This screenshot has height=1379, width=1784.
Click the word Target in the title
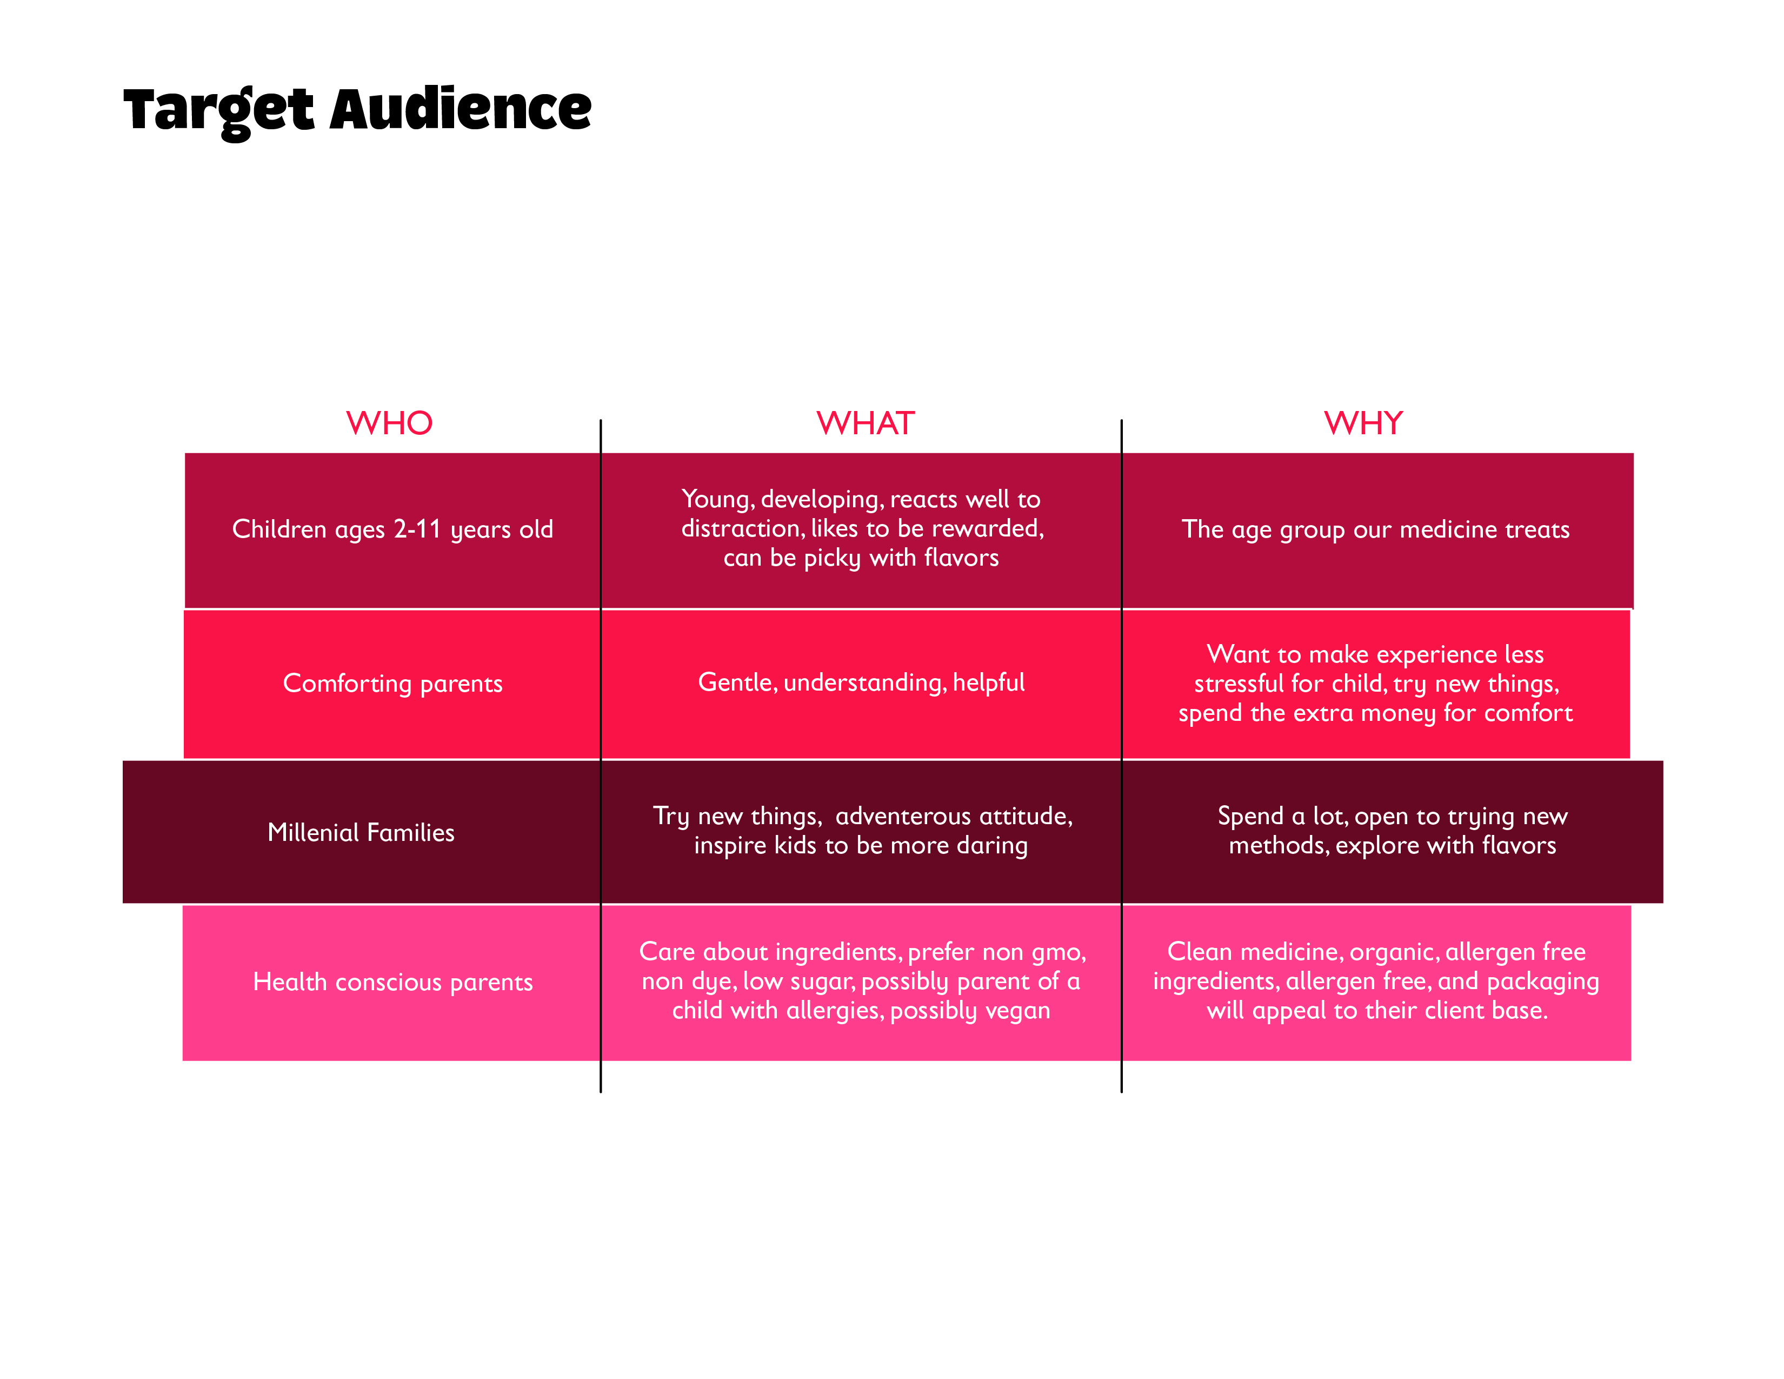click(218, 111)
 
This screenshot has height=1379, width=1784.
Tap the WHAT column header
click(866, 423)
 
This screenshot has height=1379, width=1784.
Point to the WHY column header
click(1363, 423)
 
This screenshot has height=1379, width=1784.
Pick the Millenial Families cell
click(361, 832)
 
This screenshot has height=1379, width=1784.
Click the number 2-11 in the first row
click(417, 529)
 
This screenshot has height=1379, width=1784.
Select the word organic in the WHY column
click(1394, 952)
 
